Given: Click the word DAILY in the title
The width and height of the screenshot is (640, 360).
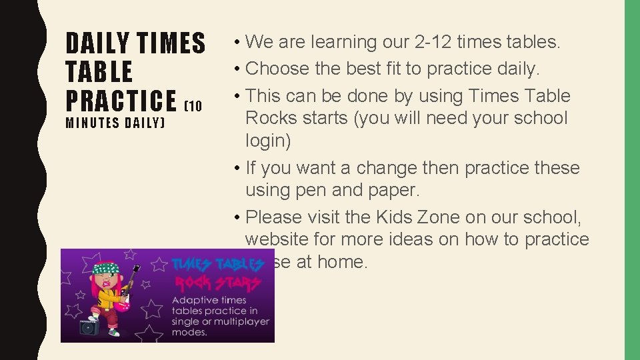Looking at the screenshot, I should click(98, 43).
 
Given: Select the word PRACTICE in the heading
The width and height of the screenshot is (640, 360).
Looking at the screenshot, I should click(121, 100).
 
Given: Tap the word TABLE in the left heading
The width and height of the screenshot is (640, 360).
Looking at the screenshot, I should click(99, 72).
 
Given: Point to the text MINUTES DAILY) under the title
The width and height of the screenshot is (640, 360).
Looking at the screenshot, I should click(115, 123).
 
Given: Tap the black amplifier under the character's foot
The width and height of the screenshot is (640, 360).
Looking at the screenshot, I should click(89, 327).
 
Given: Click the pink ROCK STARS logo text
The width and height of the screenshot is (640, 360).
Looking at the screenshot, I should click(216, 283).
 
